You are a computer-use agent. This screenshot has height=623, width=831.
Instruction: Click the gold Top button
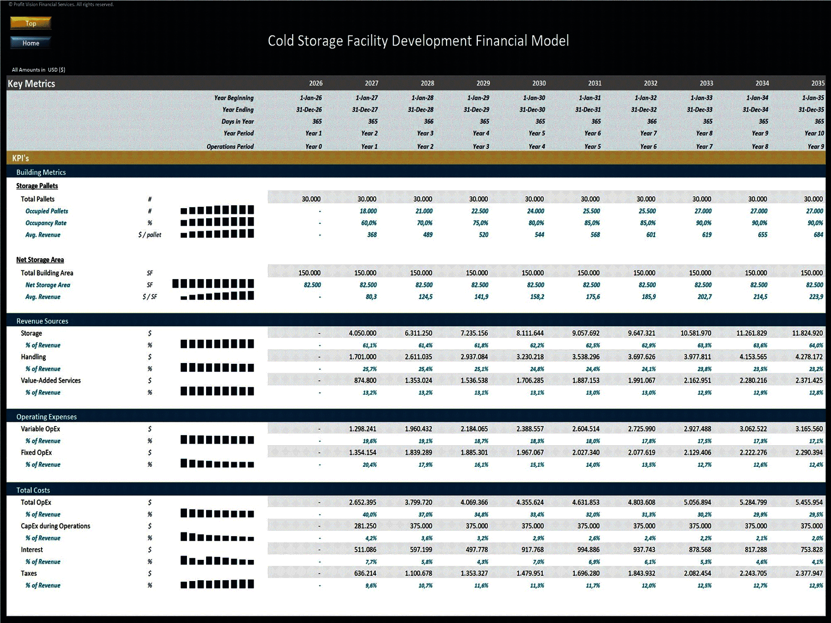pos(31,23)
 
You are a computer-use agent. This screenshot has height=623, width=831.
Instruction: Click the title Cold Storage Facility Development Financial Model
pos(418,41)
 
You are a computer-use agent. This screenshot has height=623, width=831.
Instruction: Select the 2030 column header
pos(539,83)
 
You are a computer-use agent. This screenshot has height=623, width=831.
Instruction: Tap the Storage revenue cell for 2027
pos(363,333)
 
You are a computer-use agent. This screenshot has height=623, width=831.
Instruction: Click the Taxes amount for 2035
pos(809,573)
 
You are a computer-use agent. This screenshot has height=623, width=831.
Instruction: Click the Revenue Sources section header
pos(42,321)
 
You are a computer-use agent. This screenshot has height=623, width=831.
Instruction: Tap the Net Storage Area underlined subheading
pos(40,260)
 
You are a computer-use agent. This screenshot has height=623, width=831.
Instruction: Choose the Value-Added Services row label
pos(51,380)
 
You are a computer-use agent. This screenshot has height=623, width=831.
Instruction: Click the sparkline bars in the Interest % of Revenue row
pos(217,561)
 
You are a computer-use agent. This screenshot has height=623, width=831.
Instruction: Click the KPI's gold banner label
pos(20,158)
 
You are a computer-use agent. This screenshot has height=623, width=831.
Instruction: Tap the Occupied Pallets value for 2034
pos(759,211)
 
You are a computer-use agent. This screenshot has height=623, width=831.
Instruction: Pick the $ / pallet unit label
pos(150,235)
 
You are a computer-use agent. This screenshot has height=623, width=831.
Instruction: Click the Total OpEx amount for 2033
pos(697,502)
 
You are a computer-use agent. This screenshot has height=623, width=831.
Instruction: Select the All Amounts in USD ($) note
pos(39,70)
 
